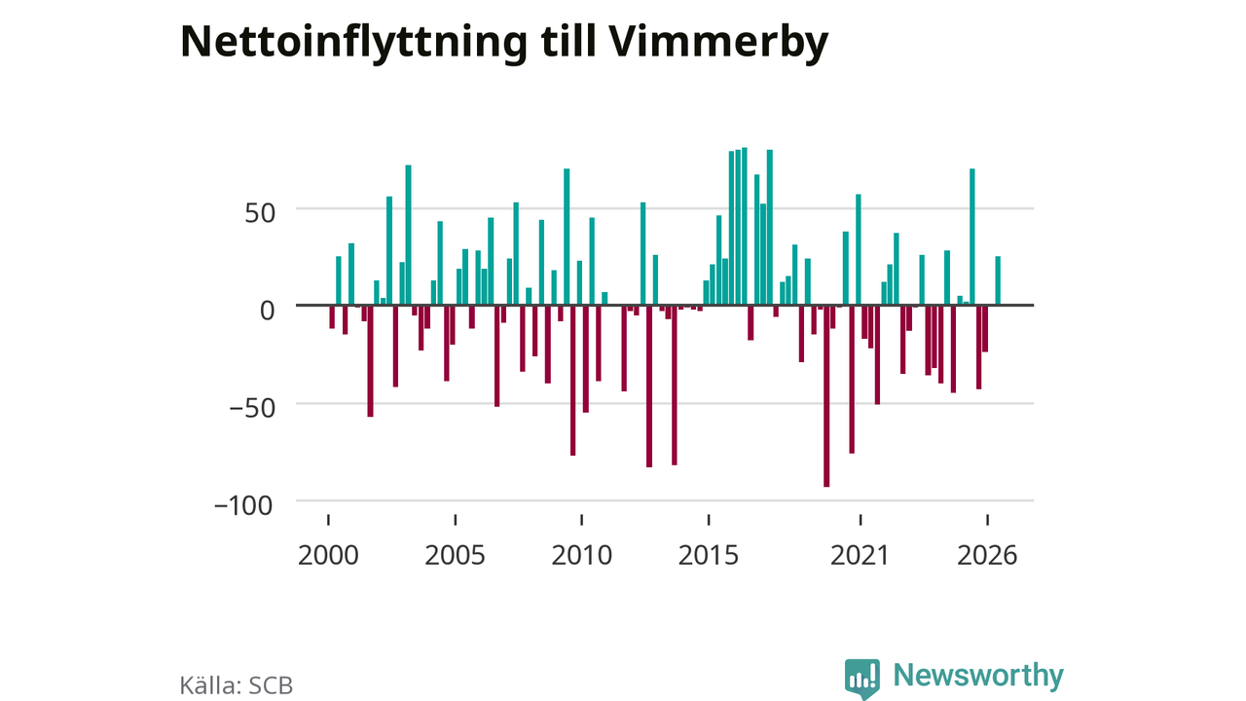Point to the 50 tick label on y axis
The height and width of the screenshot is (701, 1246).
click(260, 213)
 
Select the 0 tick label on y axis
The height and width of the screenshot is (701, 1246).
click(268, 311)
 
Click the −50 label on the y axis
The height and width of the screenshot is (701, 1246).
click(252, 408)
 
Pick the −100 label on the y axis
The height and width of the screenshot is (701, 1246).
click(243, 506)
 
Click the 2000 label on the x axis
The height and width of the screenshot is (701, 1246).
click(328, 555)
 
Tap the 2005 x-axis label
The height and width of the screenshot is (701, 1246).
click(455, 555)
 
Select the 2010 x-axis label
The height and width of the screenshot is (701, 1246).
click(582, 555)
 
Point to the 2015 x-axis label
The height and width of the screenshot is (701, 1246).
click(709, 555)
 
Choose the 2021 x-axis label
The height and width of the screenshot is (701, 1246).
click(860, 555)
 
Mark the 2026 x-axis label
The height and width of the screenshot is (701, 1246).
click(987, 555)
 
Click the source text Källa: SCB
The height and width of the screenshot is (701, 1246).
click(237, 685)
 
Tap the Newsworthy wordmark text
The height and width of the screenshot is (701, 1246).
click(978, 676)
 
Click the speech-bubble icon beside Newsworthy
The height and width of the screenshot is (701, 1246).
click(862, 679)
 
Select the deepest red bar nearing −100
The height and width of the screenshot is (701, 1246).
click(826, 396)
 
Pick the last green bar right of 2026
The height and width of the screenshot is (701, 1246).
click(998, 280)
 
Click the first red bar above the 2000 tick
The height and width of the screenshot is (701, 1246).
click(332, 317)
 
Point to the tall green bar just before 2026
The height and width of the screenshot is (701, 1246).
click(972, 237)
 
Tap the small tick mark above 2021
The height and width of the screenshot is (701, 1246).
click(861, 520)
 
